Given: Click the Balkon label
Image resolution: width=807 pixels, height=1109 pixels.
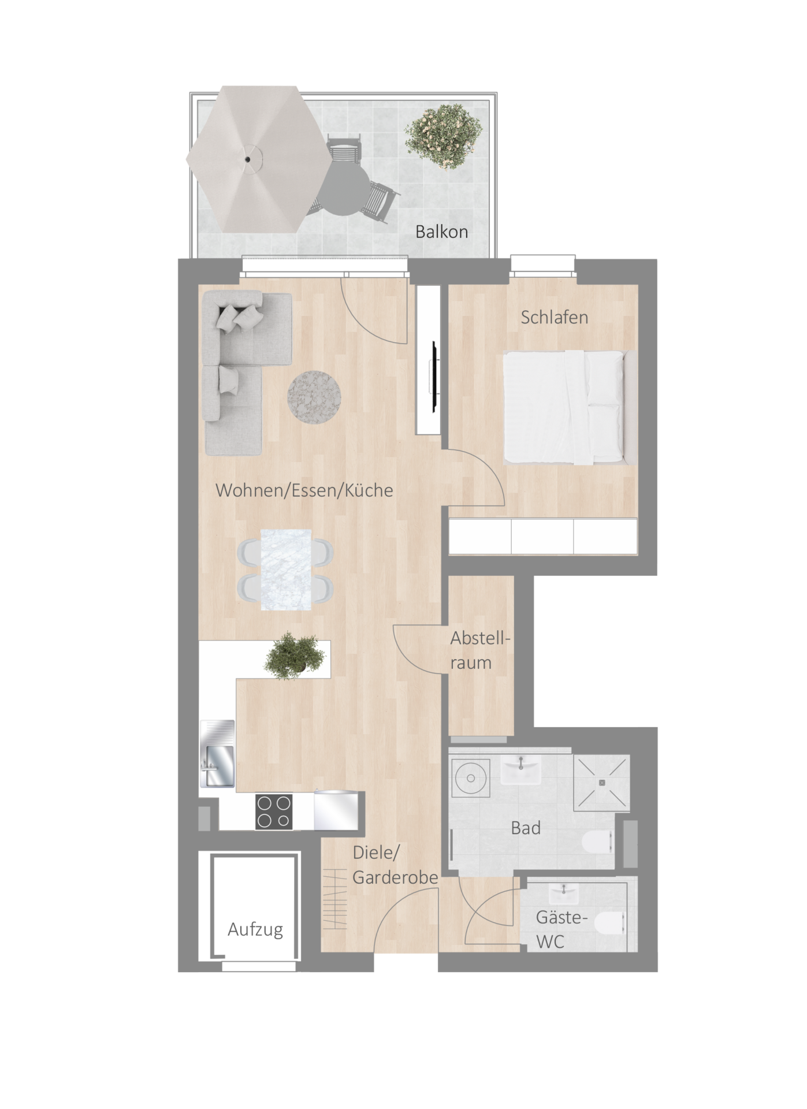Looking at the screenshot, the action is (x=441, y=232).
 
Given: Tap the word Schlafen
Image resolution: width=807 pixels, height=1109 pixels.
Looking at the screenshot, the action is (x=554, y=317).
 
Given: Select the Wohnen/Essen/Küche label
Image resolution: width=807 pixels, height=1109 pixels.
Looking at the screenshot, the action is (x=304, y=490).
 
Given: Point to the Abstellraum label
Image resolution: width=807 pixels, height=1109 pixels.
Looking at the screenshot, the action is (x=481, y=650).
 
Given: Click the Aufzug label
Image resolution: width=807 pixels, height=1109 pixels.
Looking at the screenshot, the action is (x=255, y=930).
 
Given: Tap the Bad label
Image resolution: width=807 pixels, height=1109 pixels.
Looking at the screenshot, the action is (x=526, y=828).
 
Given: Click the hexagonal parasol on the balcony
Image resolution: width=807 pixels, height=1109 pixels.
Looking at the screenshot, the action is (x=259, y=159).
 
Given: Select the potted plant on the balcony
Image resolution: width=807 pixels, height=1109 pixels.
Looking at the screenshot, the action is (x=443, y=136).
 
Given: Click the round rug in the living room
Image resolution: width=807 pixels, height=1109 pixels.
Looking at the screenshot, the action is (x=314, y=397).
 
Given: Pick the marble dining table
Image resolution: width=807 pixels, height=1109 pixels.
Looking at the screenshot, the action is (x=286, y=570).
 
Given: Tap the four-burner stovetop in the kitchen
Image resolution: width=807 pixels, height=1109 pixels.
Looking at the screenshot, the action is (x=273, y=812).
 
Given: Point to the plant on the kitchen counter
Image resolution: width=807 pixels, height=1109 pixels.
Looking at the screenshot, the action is (x=295, y=656).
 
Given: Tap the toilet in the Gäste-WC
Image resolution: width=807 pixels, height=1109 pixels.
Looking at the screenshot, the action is (x=611, y=930).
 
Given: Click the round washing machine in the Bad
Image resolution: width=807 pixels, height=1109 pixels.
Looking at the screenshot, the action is (x=471, y=778).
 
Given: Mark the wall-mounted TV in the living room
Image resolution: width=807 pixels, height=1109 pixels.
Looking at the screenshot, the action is (x=432, y=377).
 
